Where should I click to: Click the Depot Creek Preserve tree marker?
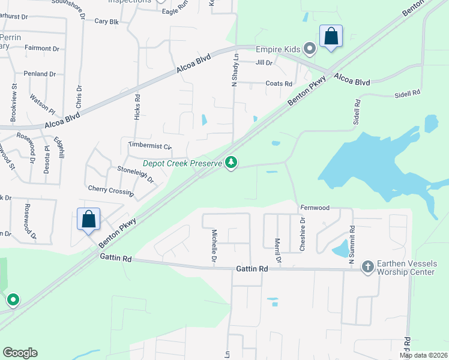(231, 163)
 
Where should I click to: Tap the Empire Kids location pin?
(310, 48)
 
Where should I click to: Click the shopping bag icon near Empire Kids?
(331, 37)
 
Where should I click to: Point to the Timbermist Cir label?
(150, 146)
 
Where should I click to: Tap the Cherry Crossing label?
(110, 190)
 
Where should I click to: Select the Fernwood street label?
(315, 208)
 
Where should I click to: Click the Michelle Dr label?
(214, 246)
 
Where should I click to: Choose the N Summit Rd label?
(352, 241)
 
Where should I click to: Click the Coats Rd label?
(279, 84)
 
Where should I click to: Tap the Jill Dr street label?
(264, 62)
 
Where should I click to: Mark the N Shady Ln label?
(235, 71)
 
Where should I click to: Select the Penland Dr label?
(40, 74)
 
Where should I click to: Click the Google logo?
(20, 353)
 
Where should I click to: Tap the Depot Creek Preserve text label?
(182, 163)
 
